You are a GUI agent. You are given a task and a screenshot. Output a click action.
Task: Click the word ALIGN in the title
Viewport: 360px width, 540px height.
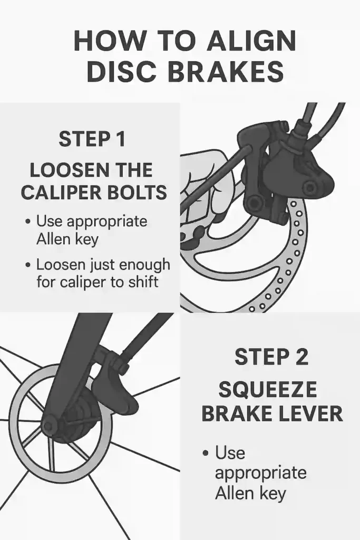(x=251, y=41)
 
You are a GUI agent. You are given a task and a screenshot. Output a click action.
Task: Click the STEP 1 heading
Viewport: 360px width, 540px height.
(x=92, y=139)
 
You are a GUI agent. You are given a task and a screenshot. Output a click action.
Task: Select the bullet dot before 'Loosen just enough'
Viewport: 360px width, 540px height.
(x=28, y=266)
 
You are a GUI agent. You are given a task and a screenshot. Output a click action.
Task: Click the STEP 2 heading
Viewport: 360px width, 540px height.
(x=271, y=357)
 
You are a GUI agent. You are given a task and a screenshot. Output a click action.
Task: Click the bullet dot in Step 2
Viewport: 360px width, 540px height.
(x=206, y=452)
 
